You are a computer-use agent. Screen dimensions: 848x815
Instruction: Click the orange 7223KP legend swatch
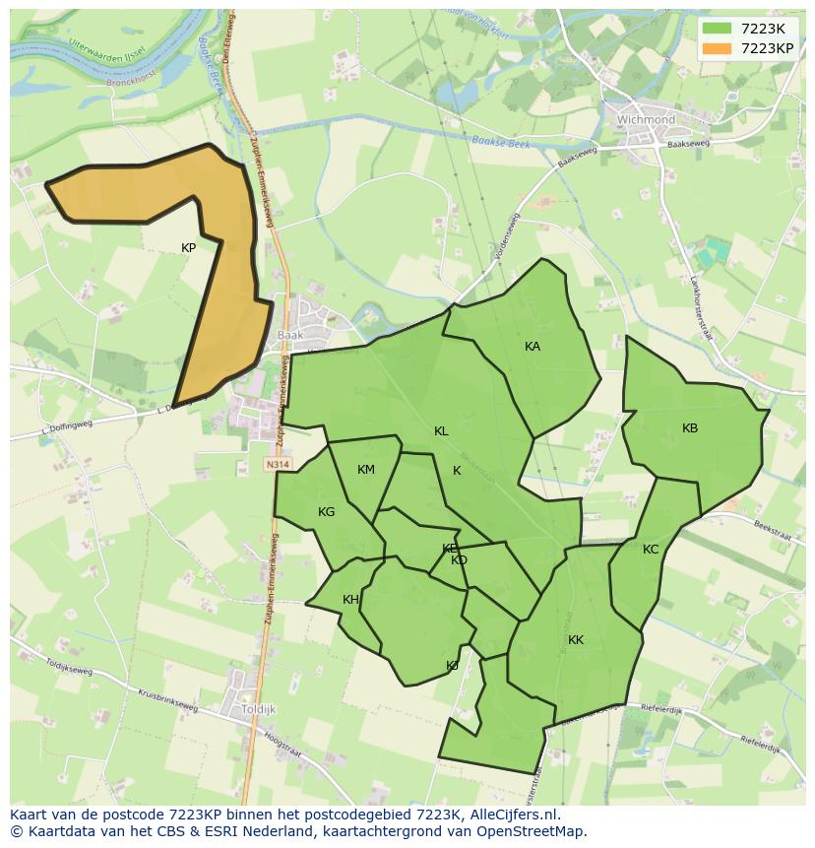[718, 48]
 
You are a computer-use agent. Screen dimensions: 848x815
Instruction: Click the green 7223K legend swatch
[718, 29]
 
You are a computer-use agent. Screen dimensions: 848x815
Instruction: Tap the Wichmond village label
[646, 120]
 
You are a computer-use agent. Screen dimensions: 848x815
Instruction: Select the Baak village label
[290, 335]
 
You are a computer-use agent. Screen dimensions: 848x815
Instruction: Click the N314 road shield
[278, 462]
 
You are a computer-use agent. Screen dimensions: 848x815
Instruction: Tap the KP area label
[188, 248]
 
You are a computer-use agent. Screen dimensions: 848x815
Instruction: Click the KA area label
[533, 347]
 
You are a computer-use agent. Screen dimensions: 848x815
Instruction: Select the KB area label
[690, 428]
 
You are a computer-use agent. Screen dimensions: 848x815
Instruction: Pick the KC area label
[651, 550]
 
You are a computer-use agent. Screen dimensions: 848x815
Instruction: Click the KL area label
[441, 431]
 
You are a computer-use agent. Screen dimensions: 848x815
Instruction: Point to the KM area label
[366, 470]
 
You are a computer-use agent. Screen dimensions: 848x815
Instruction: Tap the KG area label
[327, 512]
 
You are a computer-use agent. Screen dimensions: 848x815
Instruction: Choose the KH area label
[350, 600]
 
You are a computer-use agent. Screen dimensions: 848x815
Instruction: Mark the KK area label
[576, 640]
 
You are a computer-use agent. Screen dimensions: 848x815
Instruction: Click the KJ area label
[452, 666]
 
